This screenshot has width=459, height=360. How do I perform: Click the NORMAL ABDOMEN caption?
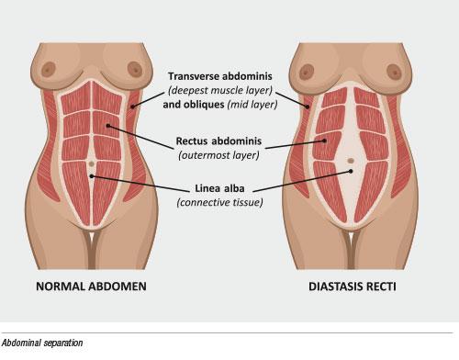coord(91,287)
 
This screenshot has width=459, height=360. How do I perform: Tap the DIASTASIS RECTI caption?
coord(353,287)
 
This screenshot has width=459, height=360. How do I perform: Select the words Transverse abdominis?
coord(220,76)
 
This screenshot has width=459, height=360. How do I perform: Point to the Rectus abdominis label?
coord(218,141)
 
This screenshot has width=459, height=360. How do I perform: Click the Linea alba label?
coord(219,188)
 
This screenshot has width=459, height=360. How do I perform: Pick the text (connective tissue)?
coord(219,202)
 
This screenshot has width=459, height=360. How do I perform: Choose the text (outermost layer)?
coord(218,155)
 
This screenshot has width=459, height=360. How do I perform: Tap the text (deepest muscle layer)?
coord(220,90)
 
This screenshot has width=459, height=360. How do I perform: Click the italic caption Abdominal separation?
coord(42,343)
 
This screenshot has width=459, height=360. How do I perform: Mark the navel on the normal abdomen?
coord(91,163)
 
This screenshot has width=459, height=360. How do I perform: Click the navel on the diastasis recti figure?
coord(351,161)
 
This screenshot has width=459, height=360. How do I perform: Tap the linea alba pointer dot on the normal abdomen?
coord(91,176)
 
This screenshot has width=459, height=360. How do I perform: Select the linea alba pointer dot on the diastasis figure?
coord(351,171)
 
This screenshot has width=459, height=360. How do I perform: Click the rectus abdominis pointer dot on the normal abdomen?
coord(107,126)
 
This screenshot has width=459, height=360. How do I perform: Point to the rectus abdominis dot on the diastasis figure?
coord(324,141)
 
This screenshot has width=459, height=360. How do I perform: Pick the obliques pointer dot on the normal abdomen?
coord(132,107)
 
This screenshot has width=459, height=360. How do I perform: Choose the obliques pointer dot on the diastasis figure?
coord(308,107)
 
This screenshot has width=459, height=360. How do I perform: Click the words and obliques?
coord(194,105)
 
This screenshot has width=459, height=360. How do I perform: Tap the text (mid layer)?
coord(252,105)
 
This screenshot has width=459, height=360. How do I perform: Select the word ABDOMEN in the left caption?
coord(118,287)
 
